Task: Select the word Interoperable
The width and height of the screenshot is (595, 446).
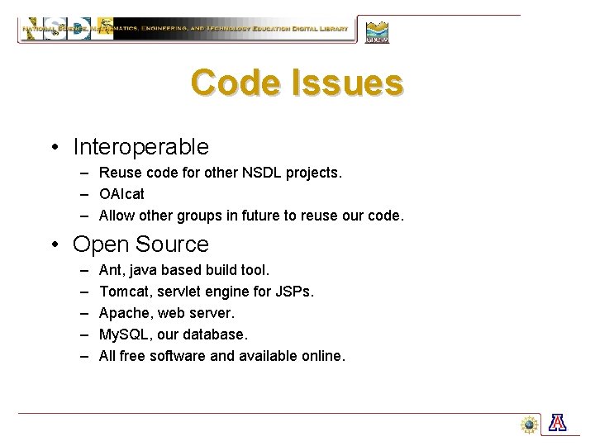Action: [140, 147]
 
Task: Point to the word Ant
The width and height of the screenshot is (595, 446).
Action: [110, 270]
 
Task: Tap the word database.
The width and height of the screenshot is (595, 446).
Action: [217, 334]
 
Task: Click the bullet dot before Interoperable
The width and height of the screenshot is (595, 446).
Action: [52, 148]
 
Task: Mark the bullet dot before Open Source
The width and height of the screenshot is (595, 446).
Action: [52, 245]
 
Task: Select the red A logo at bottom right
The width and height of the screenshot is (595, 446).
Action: [559, 424]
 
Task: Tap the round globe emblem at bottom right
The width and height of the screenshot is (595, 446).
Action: [530, 424]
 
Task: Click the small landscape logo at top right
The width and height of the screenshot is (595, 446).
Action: [377, 31]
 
